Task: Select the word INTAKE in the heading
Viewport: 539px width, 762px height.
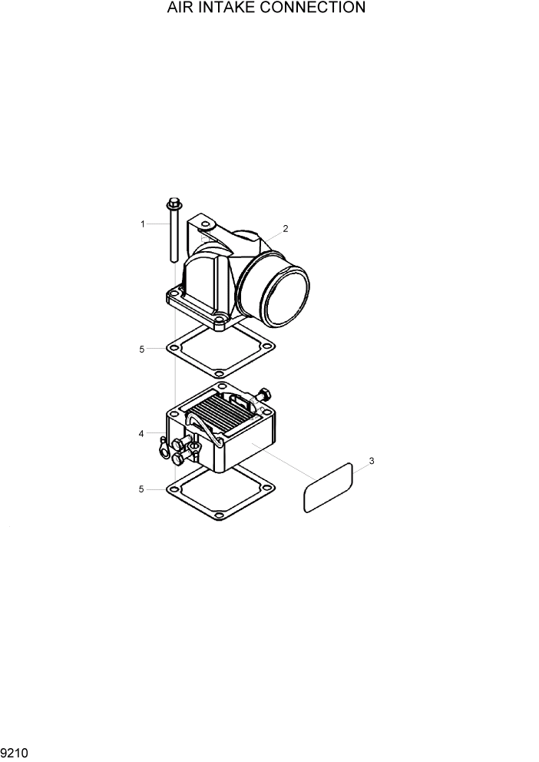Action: click(225, 8)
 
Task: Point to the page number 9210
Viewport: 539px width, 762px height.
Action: click(15, 754)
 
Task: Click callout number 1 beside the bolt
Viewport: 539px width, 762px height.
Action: click(143, 224)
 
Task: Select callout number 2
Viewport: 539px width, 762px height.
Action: click(285, 228)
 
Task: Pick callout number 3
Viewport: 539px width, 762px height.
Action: click(372, 461)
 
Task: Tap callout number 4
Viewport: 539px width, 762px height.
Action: click(141, 434)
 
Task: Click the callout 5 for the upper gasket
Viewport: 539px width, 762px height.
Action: click(141, 350)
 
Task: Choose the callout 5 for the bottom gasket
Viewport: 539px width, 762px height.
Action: click(141, 489)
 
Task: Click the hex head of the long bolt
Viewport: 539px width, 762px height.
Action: click(172, 204)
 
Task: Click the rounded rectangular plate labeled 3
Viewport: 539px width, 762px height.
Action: click(327, 488)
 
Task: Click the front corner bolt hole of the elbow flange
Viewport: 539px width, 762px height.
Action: click(219, 321)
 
